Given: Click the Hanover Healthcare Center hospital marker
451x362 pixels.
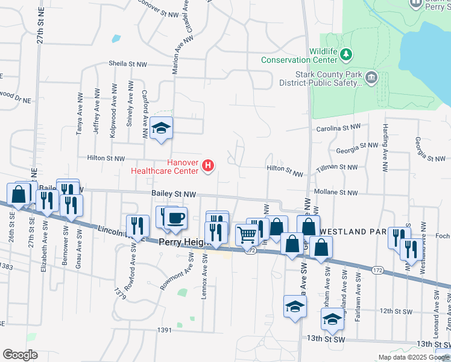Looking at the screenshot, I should point(208,165).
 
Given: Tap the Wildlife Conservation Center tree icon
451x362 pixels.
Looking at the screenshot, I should point(346,56).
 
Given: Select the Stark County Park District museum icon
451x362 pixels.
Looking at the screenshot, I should point(371,77).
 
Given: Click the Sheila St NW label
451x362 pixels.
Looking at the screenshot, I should point(128,63).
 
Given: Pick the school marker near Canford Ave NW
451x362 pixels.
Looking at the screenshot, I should point(161,128).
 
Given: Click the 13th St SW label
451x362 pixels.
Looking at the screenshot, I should point(325,339).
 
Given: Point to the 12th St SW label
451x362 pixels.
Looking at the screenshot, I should point(395,311).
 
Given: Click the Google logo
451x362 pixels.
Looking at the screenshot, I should point(20,354).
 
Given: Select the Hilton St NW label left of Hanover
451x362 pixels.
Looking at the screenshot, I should point(106,158).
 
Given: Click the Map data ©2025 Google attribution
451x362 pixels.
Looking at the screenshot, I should point(413,357).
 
